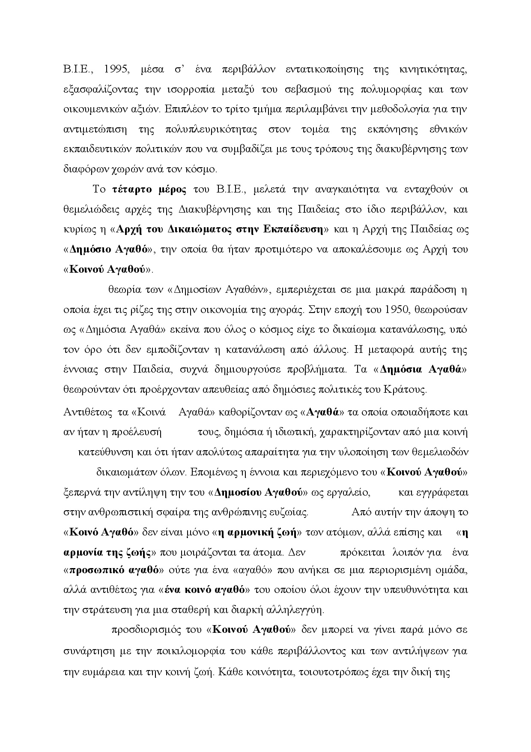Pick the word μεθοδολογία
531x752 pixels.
pos(395,109)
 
